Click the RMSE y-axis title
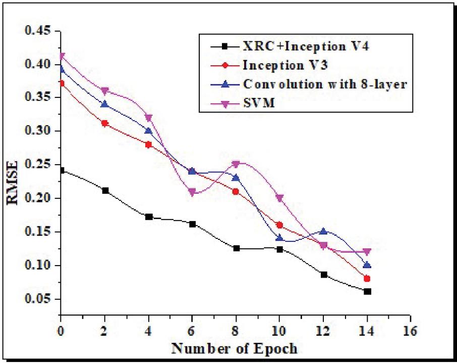point(13,183)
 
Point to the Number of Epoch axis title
point(234,348)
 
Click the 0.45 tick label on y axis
point(37,31)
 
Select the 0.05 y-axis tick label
point(37,299)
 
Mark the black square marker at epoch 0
point(61,171)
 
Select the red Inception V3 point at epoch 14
point(367,279)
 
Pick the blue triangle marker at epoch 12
point(323,231)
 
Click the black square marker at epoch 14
point(367,291)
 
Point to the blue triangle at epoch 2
point(105,104)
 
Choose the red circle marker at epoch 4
point(148,144)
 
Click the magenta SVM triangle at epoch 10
point(279,198)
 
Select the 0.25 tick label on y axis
point(37,165)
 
